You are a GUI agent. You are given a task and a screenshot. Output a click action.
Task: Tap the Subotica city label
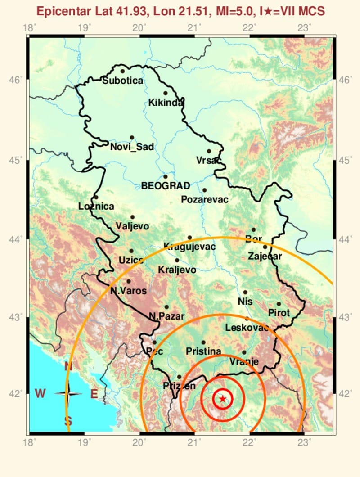pyautogui.click(x=122, y=81)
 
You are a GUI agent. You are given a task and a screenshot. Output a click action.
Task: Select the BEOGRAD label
pyautogui.click(x=166, y=185)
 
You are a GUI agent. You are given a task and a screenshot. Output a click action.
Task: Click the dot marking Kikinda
pyautogui.click(x=166, y=93)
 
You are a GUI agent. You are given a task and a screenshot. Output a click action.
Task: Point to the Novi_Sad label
pyautogui.click(x=132, y=146)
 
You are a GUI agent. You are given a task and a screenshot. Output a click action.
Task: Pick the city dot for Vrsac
pyautogui.click(x=209, y=151)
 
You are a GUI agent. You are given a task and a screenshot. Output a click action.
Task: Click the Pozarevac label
pyautogui.click(x=204, y=199)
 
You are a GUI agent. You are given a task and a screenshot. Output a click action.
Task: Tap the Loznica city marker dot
pyautogui.click(x=96, y=197)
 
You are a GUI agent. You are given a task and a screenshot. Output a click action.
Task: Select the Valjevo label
pyautogui.click(x=132, y=226)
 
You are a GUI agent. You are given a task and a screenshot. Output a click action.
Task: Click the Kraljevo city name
pyautogui.click(x=177, y=270)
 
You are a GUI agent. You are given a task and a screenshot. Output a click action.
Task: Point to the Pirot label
pyautogui.click(x=279, y=312)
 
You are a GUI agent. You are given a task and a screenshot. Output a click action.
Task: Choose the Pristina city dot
pyautogui.click(x=203, y=342)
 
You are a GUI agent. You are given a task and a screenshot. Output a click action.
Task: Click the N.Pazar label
pyautogui.click(x=166, y=316)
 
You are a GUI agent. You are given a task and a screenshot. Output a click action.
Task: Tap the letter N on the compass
pyautogui.click(x=68, y=366)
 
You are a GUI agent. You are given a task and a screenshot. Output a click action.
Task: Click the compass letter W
pyautogui.click(x=40, y=394)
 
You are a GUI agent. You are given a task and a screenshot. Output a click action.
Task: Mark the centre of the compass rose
pyautogui.click(x=68, y=394)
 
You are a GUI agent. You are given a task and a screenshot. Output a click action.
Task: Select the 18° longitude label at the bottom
pyautogui.click(x=29, y=442)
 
